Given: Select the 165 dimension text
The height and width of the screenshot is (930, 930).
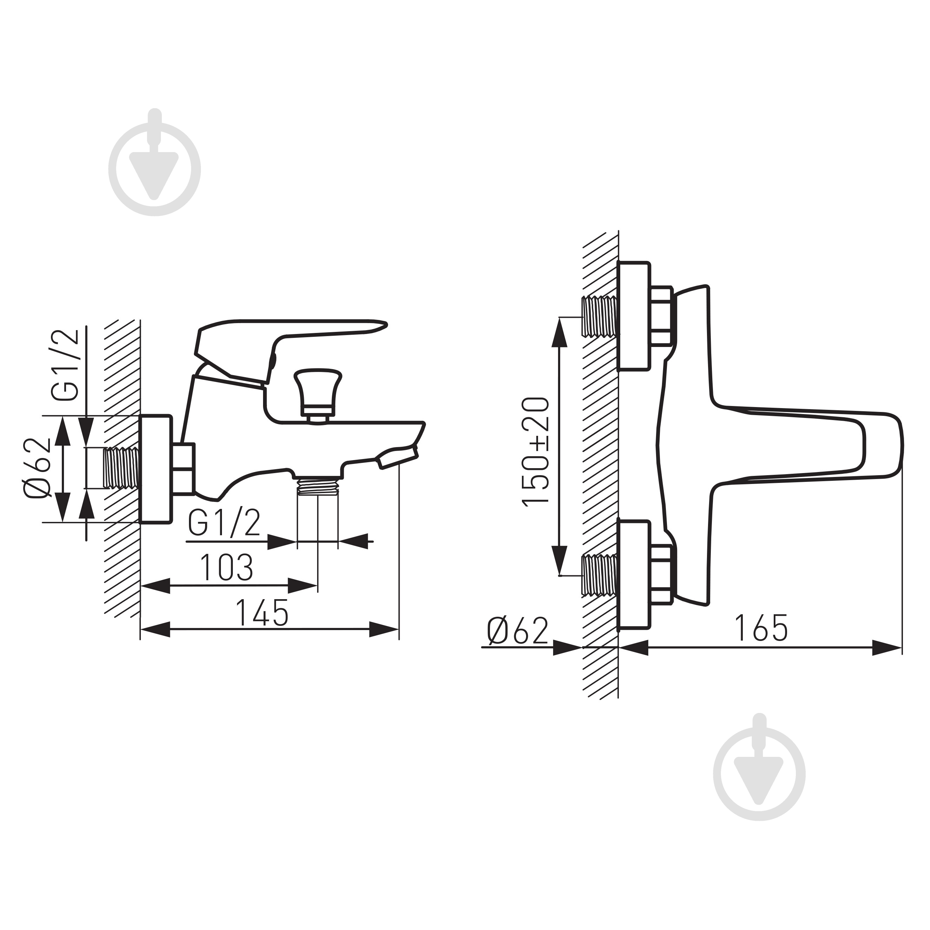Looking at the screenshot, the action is tap(761, 628).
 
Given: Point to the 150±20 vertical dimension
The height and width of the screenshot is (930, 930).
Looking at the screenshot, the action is tap(536, 451).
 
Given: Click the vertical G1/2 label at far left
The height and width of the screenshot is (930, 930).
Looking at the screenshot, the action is tap(65, 365).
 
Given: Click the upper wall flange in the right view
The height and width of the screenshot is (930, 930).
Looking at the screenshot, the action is tap(634, 316).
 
